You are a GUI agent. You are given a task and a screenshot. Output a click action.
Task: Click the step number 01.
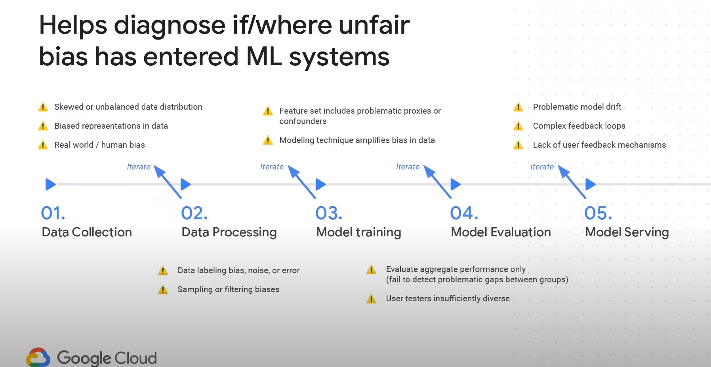[53, 213]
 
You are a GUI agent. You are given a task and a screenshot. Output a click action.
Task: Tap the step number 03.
[328, 213]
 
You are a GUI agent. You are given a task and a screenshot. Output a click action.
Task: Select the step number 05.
[598, 213]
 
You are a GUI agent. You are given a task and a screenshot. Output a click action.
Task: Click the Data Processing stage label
[229, 232]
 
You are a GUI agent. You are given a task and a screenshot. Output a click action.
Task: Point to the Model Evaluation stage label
[501, 232]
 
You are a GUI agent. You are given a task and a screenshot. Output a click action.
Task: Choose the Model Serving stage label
[627, 232]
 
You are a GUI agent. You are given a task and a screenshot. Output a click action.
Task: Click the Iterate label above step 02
[138, 167]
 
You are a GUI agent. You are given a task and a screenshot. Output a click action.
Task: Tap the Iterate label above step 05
[542, 167]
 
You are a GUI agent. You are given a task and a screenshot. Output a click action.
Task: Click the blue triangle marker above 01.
[50, 184]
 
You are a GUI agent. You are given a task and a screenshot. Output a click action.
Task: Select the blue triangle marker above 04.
[455, 184]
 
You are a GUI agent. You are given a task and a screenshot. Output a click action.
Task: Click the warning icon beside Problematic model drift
[518, 107]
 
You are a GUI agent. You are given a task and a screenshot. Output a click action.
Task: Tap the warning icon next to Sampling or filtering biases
[163, 290]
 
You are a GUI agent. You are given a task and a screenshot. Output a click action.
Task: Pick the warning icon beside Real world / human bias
[43, 145]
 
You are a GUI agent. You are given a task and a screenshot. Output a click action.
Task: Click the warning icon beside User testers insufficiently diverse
[371, 299]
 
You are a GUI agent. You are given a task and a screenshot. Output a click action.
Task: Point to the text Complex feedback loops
[579, 126]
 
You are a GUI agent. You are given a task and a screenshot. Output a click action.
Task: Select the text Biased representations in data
[111, 126]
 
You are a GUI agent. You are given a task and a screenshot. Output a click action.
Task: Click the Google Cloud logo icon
[38, 357]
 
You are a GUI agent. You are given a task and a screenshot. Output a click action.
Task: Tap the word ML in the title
[264, 57]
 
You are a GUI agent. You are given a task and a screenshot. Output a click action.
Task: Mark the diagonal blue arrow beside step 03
[302, 182]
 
